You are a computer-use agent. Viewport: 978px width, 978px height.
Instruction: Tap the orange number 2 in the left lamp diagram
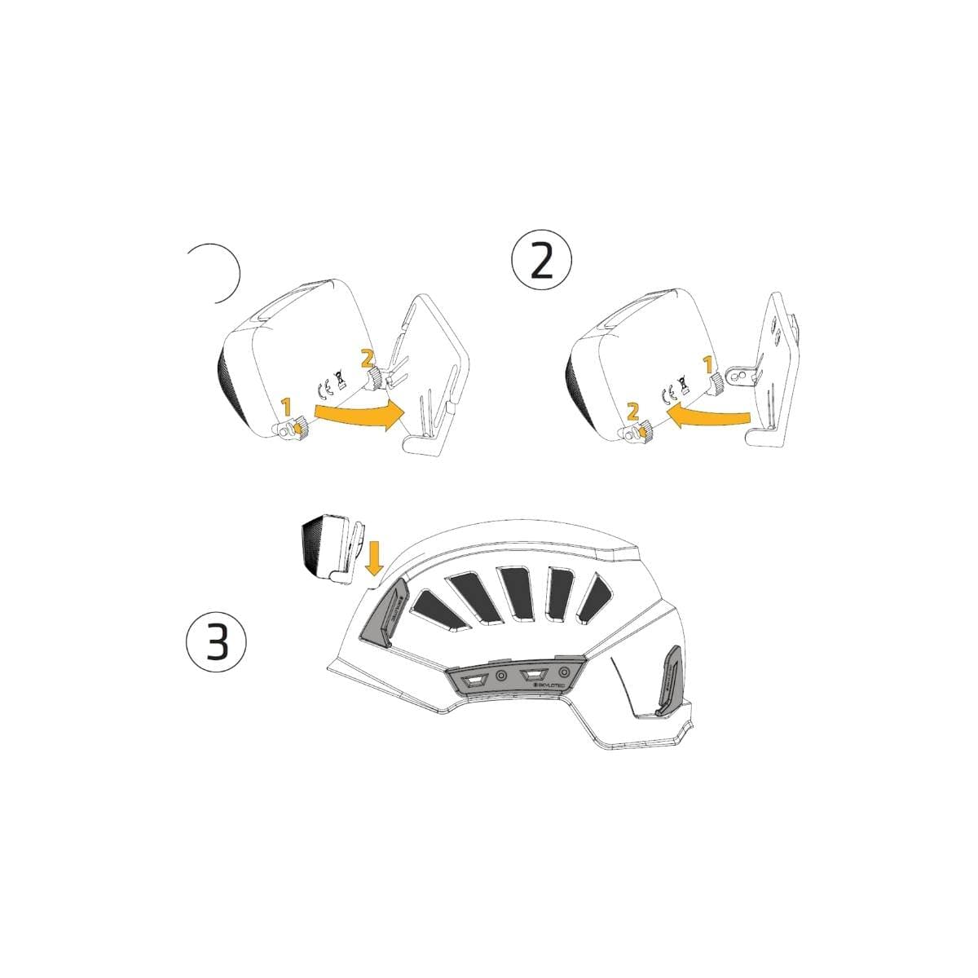tap(367, 357)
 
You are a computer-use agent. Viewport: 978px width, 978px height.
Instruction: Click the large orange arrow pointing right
tap(356, 413)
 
